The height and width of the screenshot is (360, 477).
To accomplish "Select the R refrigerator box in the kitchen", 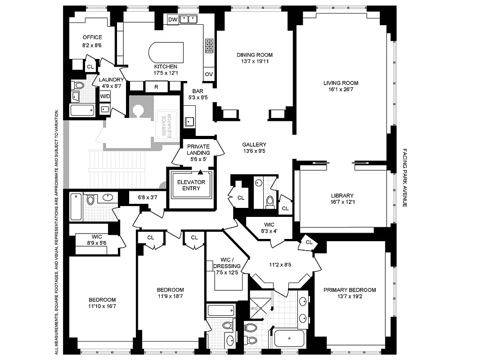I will pyautogui.click(x=156, y=86).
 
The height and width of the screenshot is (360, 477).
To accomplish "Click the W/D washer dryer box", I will pyautogui.click(x=105, y=96).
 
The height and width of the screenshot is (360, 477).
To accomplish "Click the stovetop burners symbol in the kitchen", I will pyautogui.click(x=209, y=45).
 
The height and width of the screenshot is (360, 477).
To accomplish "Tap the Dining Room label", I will pyautogui.click(x=255, y=55).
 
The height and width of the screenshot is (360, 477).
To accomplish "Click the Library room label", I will pyautogui.click(x=342, y=196).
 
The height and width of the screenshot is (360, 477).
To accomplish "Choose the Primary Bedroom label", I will pyautogui.click(x=350, y=290).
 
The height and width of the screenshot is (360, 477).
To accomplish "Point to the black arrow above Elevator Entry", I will pyautogui.click(x=200, y=172).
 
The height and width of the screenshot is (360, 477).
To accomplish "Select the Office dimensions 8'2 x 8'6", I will pyautogui.click(x=92, y=45).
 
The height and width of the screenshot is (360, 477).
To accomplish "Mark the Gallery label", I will pyautogui.click(x=254, y=144).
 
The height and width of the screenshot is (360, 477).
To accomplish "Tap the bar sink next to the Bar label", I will pyautogui.click(x=189, y=121).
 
